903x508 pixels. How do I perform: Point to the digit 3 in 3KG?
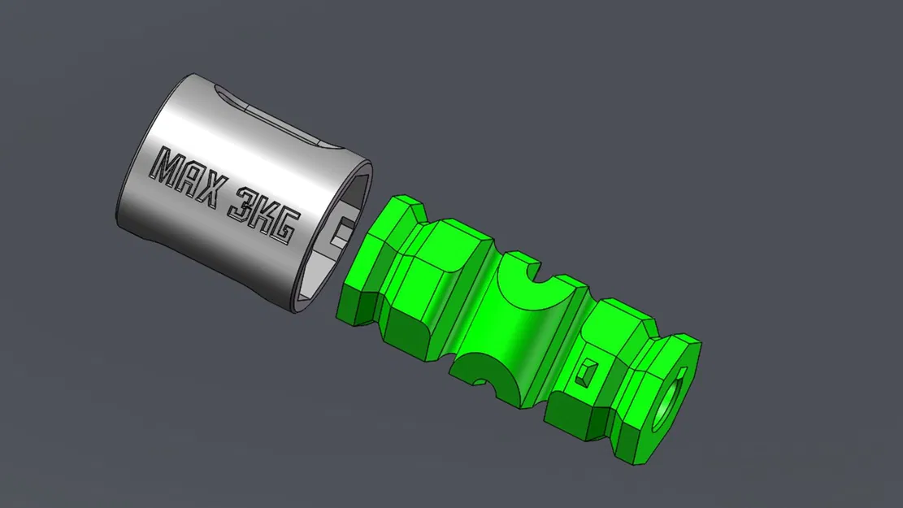243,205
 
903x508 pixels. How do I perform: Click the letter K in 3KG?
264,216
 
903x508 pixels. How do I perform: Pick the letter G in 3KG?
285,226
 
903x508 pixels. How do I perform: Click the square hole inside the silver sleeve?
342,230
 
